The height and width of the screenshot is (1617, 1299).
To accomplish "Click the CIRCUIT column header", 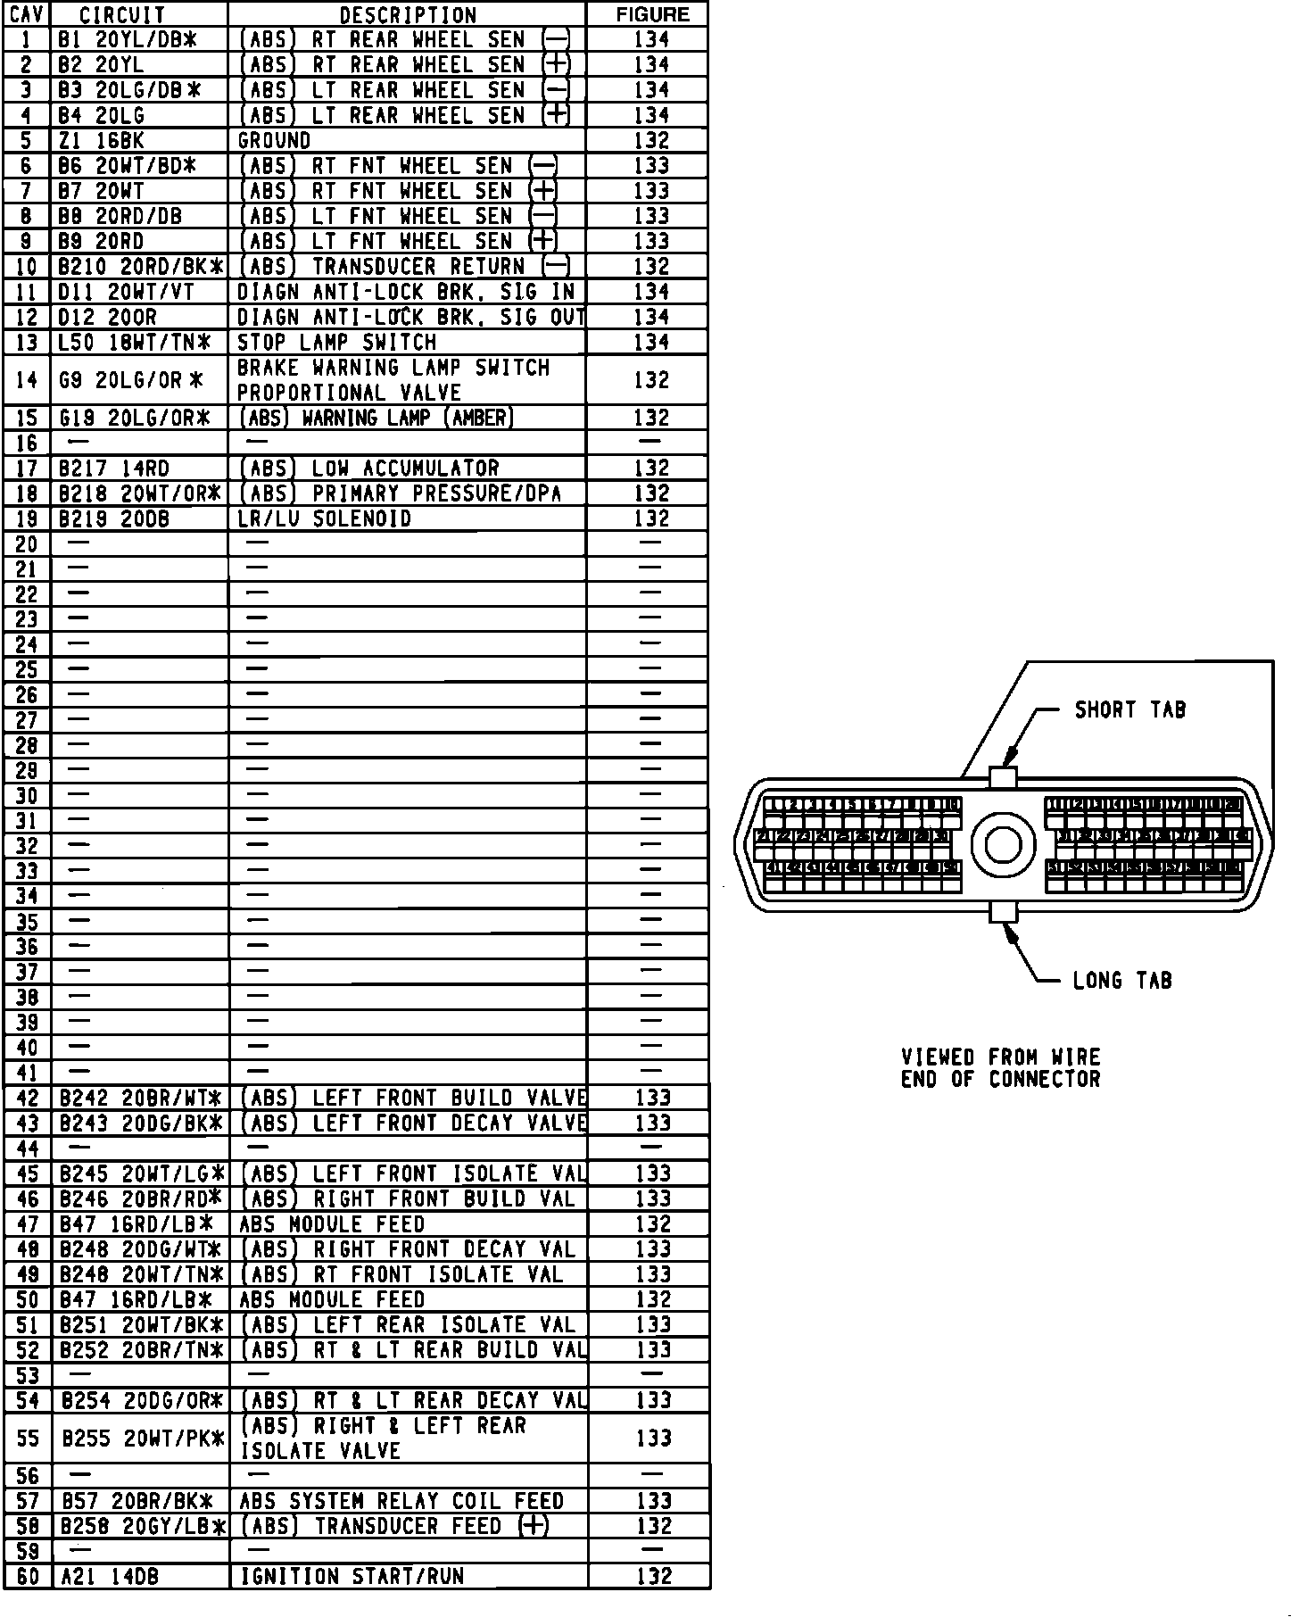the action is tap(122, 14).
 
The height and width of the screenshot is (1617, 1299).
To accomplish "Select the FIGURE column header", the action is tap(652, 14).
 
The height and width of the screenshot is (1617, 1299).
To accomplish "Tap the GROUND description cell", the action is tap(274, 140).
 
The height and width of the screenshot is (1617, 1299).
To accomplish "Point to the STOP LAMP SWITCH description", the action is tap(336, 342).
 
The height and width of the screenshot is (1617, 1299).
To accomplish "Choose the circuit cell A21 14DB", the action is tap(109, 1577).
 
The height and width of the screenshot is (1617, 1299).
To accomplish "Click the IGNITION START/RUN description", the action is tap(352, 1577).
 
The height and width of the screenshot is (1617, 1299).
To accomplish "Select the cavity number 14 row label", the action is tap(27, 380).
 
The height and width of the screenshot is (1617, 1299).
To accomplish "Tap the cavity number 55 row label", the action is tap(28, 1438).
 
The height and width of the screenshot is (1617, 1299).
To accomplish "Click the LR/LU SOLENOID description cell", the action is tap(324, 518).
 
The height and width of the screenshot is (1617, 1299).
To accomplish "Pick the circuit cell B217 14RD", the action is tap(114, 468).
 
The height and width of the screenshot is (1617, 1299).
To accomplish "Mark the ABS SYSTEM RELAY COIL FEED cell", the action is tap(401, 1501).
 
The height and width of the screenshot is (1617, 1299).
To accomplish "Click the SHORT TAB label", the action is tap(1129, 710).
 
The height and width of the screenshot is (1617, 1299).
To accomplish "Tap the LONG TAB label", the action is tap(1121, 981).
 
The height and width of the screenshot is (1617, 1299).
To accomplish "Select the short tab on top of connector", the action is tap(1003, 777).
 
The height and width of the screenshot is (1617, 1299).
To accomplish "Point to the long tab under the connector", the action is tap(1003, 912).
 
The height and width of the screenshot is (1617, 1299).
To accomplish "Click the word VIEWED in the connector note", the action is tap(938, 1057).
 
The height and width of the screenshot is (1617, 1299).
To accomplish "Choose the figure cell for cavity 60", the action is tap(653, 1577).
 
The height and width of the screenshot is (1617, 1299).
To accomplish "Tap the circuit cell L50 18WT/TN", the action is tap(134, 342).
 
